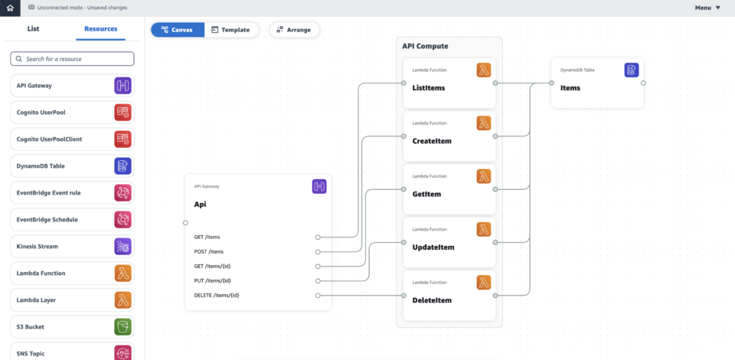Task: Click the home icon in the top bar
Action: click(x=9, y=8)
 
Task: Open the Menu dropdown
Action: click(x=707, y=8)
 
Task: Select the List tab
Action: click(x=33, y=29)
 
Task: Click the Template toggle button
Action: click(x=231, y=30)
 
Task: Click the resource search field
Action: click(x=72, y=59)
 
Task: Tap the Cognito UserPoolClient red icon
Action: click(x=122, y=139)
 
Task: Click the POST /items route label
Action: click(x=209, y=252)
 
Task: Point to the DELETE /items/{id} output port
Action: click(x=318, y=295)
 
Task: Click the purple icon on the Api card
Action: click(x=319, y=186)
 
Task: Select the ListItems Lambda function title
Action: click(x=428, y=88)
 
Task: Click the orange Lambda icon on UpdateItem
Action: click(x=484, y=229)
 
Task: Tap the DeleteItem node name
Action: click(x=432, y=300)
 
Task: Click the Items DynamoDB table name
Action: click(x=570, y=88)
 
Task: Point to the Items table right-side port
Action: click(x=643, y=83)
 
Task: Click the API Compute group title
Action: click(x=425, y=46)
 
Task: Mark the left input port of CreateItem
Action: click(x=403, y=136)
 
